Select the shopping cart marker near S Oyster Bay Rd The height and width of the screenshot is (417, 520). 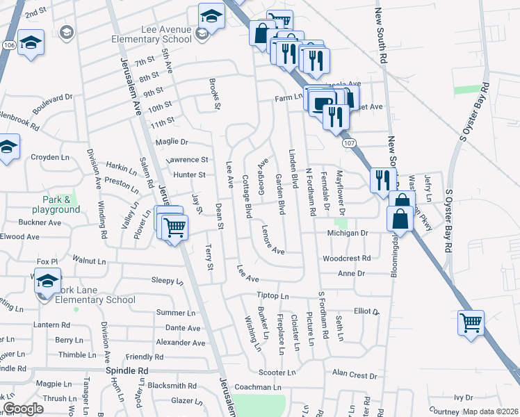point(471,323)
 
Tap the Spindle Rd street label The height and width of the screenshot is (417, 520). point(127,370)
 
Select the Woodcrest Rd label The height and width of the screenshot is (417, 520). point(346,259)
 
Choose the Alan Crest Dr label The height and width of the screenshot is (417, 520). point(354,375)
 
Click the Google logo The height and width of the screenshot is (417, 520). point(23,409)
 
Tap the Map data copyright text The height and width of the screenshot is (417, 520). point(489,411)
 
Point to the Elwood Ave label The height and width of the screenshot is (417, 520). point(19,237)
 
